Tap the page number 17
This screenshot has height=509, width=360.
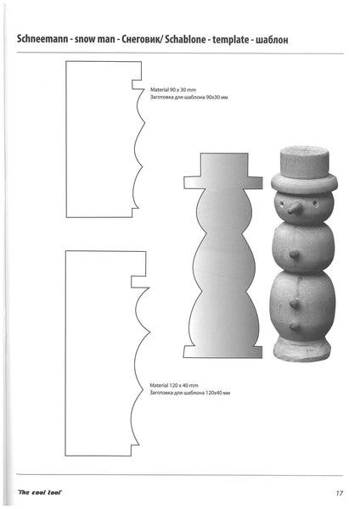[338, 492]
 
